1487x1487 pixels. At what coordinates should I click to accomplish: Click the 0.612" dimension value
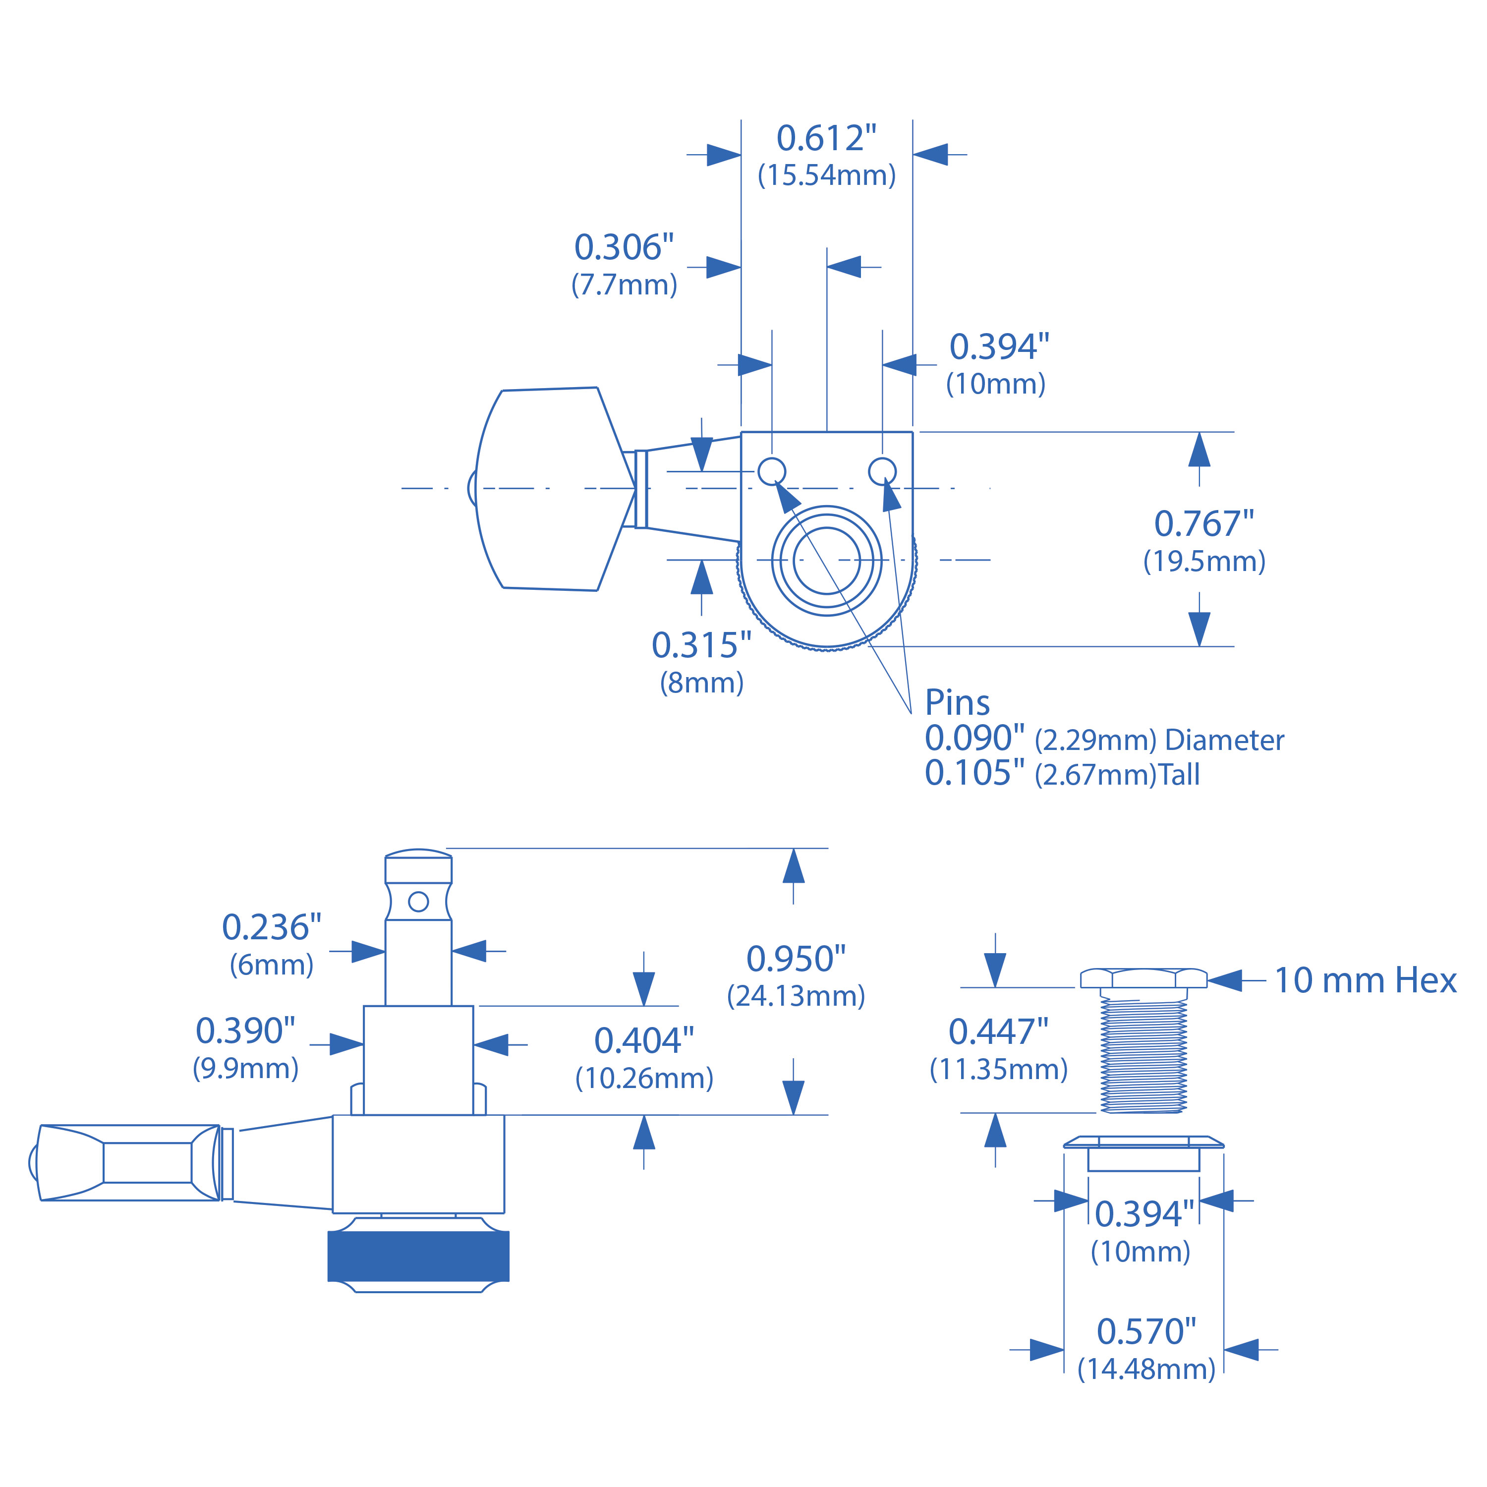coord(826,139)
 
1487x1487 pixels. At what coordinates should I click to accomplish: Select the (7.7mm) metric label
coord(624,285)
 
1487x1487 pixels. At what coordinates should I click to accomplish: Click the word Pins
coord(957,702)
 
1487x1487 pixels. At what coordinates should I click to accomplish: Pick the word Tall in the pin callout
coord(1179,774)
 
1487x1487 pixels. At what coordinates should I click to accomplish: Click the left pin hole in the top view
coord(772,470)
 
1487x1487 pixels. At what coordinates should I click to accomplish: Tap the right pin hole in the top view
coord(882,470)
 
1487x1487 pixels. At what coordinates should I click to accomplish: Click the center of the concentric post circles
coord(827,560)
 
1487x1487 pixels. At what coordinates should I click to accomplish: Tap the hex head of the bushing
coord(1144,978)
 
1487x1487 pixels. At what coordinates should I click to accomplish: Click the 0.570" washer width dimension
coord(1146,1331)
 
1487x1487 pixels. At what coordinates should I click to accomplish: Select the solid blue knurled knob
coord(418,1256)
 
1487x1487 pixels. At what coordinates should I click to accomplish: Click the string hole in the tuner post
coord(418,901)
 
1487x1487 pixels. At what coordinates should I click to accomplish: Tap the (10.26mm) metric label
coord(644,1078)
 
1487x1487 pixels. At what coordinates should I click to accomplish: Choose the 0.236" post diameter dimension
coord(271,927)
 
